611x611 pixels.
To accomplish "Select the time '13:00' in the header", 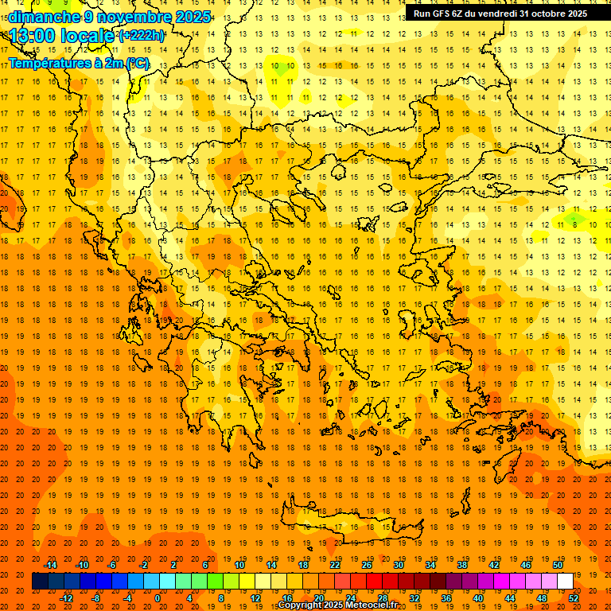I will tap(33, 36).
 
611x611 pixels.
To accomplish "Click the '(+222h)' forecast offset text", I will tap(142, 36).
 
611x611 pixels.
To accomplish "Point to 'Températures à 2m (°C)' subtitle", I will tap(79, 63).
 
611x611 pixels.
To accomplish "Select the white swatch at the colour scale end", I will tap(565, 582).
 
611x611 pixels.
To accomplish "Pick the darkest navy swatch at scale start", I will tap(40, 582).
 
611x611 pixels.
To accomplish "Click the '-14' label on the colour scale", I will tap(51, 565).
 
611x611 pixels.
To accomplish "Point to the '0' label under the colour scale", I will tap(157, 597).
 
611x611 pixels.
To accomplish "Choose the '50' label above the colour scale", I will tap(557, 565).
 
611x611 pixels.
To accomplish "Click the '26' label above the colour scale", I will tap(367, 565).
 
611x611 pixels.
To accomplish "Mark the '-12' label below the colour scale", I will tap(67, 597).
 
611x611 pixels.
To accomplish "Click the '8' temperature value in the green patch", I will tap(574, 225).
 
